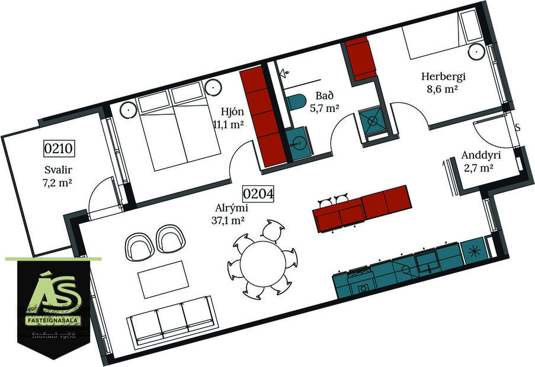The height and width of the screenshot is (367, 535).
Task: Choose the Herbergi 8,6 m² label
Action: pyautogui.click(x=443, y=83)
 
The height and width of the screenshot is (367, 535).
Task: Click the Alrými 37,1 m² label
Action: pyautogui.click(x=232, y=214)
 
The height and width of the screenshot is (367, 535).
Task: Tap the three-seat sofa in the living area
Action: pyautogui.click(x=170, y=324)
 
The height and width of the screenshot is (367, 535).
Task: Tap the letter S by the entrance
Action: pyautogui.click(x=518, y=128)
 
